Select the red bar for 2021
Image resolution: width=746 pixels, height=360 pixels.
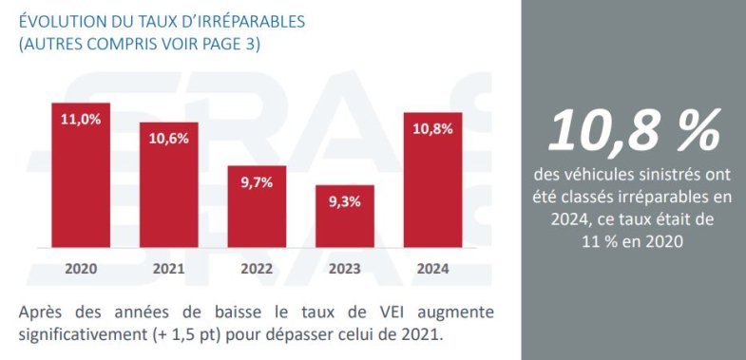168,195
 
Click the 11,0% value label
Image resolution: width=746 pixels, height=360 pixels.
81,119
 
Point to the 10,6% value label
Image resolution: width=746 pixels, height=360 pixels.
168,138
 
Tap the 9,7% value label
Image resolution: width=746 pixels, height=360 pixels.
257,181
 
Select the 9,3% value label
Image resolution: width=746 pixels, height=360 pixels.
345,200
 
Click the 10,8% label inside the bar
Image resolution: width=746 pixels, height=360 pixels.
432,128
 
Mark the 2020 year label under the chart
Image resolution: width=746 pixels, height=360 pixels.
81,269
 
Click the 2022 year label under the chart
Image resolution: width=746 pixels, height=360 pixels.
257,269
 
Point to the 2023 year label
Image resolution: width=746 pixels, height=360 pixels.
345,269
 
